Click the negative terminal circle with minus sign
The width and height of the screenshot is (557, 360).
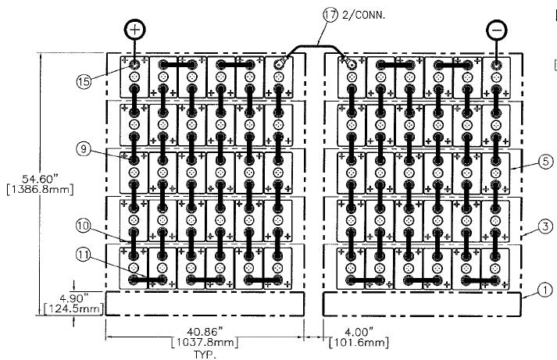(x=496, y=30)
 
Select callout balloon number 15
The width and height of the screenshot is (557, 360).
(x=85, y=80)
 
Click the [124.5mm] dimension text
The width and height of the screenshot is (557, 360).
(x=79, y=308)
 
